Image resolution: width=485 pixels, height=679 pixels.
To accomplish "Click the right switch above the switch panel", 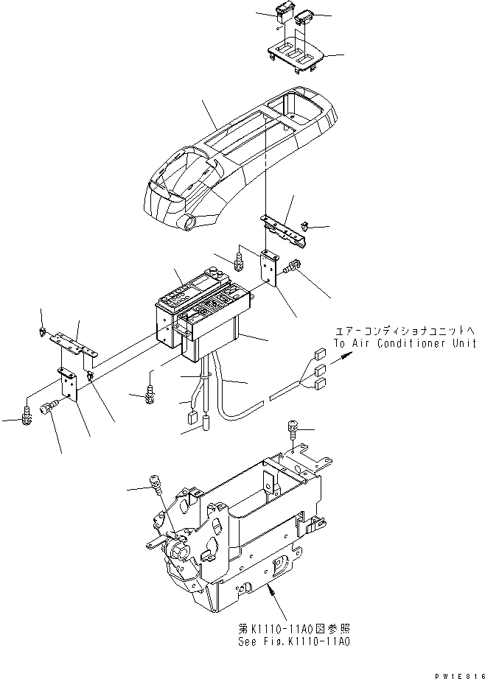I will pyautogui.click(x=303, y=17).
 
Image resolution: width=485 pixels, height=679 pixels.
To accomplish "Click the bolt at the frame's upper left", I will pyautogui.click(x=156, y=482).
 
